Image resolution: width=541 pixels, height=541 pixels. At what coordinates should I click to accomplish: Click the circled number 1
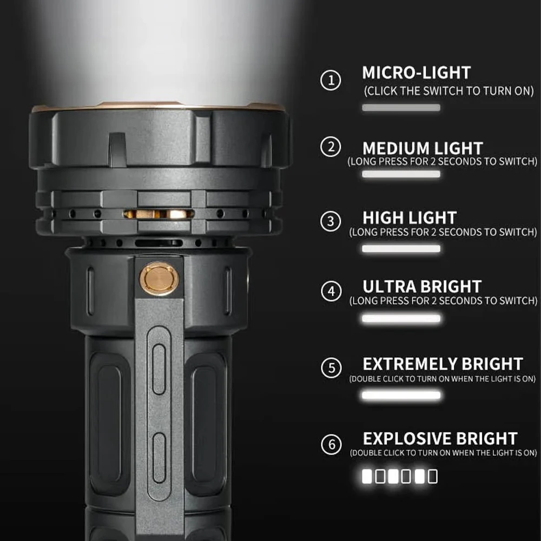click(331, 81)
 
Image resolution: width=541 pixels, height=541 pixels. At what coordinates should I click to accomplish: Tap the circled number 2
click(331, 147)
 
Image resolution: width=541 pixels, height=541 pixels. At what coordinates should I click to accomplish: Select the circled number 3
click(331, 221)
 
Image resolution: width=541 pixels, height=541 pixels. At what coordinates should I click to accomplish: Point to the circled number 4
click(331, 292)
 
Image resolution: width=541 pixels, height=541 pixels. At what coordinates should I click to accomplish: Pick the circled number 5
click(331, 368)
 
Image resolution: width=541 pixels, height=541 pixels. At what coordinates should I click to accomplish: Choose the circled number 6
click(331, 445)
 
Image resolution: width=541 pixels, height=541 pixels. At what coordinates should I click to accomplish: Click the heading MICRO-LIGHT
click(417, 72)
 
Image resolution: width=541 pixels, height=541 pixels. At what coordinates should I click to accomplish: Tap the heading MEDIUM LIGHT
click(423, 148)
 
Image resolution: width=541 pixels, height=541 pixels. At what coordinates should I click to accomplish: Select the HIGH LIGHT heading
click(410, 218)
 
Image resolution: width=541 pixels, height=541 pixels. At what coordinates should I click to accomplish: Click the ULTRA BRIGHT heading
click(422, 287)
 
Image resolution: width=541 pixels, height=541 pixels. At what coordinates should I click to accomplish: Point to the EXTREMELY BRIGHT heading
click(443, 364)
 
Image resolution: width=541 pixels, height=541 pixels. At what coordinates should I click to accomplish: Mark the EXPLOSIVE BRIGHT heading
click(440, 438)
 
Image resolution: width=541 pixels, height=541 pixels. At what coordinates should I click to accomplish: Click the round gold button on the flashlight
click(160, 279)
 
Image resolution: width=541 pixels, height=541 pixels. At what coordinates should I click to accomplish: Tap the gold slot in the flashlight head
click(159, 214)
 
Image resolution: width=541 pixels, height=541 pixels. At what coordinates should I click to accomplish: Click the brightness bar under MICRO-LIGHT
click(401, 108)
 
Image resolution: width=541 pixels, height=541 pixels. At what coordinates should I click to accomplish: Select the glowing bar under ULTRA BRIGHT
click(401, 319)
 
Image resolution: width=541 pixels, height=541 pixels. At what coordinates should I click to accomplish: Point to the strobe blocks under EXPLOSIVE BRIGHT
click(400, 477)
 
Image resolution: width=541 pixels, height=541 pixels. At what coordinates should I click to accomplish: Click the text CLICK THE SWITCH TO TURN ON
click(448, 90)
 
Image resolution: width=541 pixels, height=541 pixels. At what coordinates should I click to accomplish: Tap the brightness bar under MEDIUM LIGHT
click(401, 174)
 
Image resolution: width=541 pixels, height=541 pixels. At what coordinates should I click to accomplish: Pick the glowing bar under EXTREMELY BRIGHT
click(401, 395)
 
